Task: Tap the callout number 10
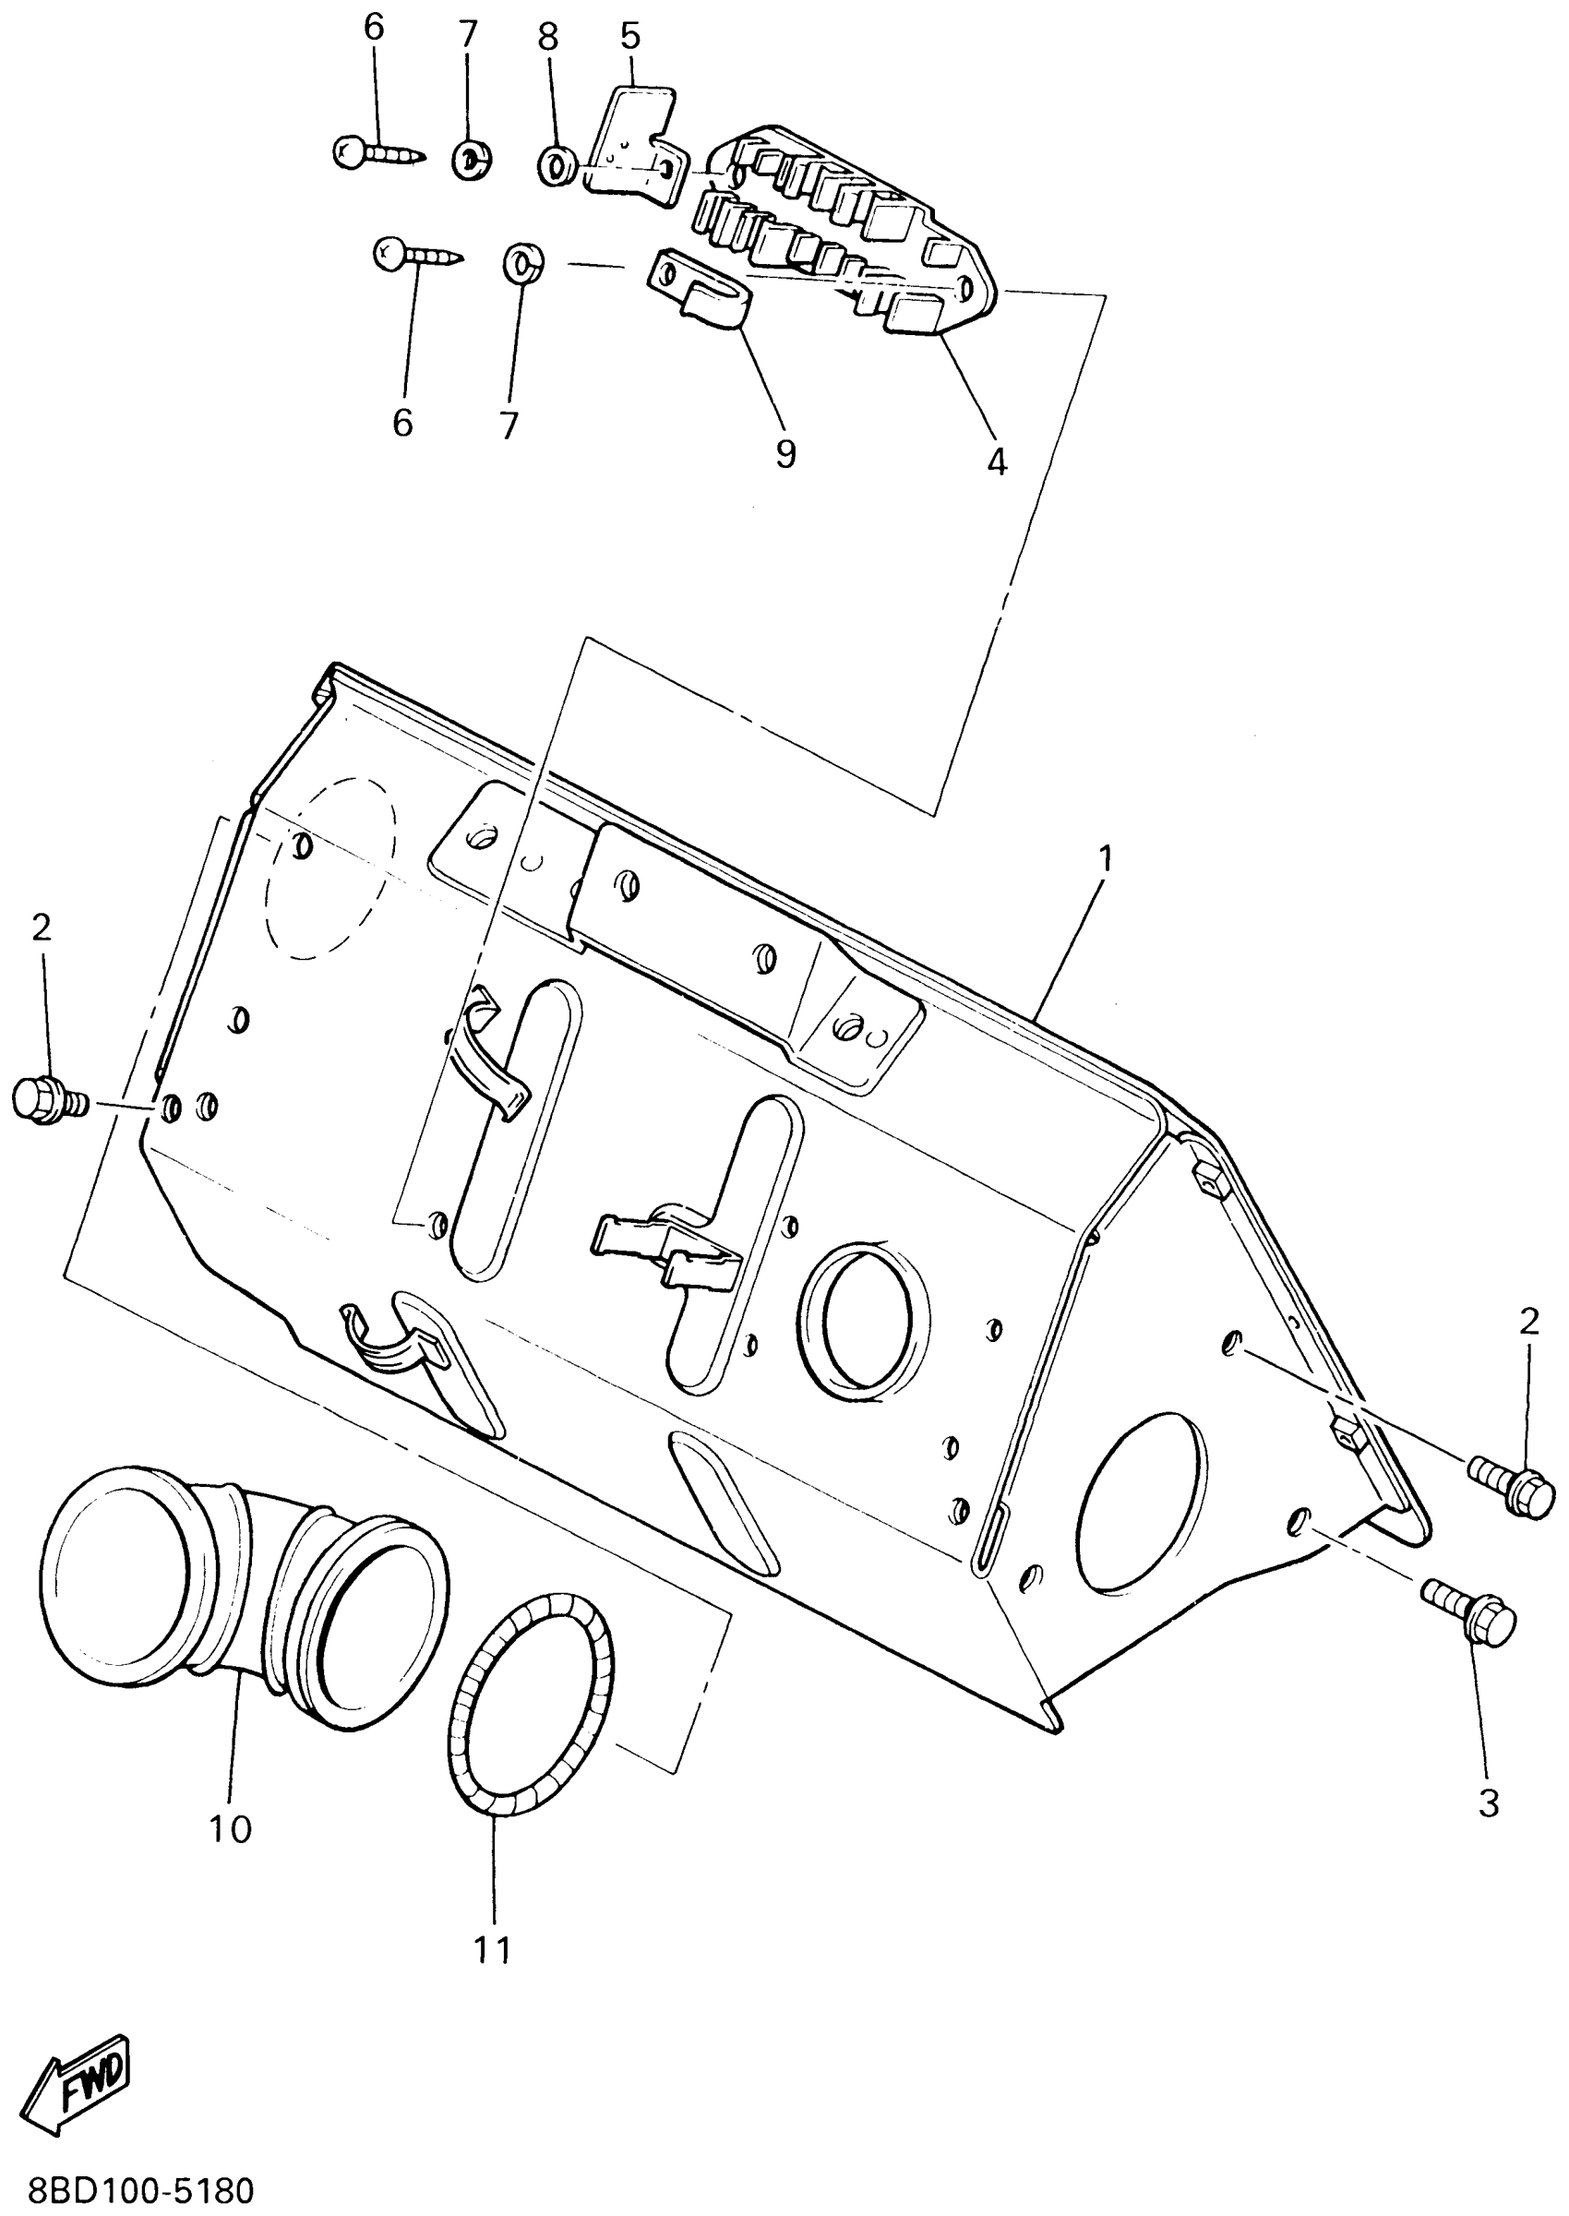[x=231, y=1827]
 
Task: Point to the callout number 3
[x=1489, y=1803]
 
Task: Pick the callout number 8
[x=548, y=38]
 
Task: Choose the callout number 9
[x=785, y=453]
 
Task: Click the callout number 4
[x=996, y=461]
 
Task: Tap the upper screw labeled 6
[x=377, y=151]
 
